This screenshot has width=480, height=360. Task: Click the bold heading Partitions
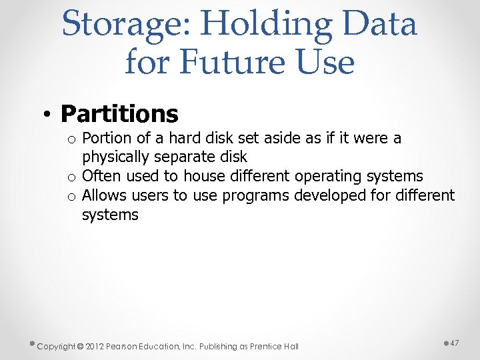point(119,113)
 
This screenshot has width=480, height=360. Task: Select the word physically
point(116,157)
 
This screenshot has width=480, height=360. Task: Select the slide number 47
point(455,342)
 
